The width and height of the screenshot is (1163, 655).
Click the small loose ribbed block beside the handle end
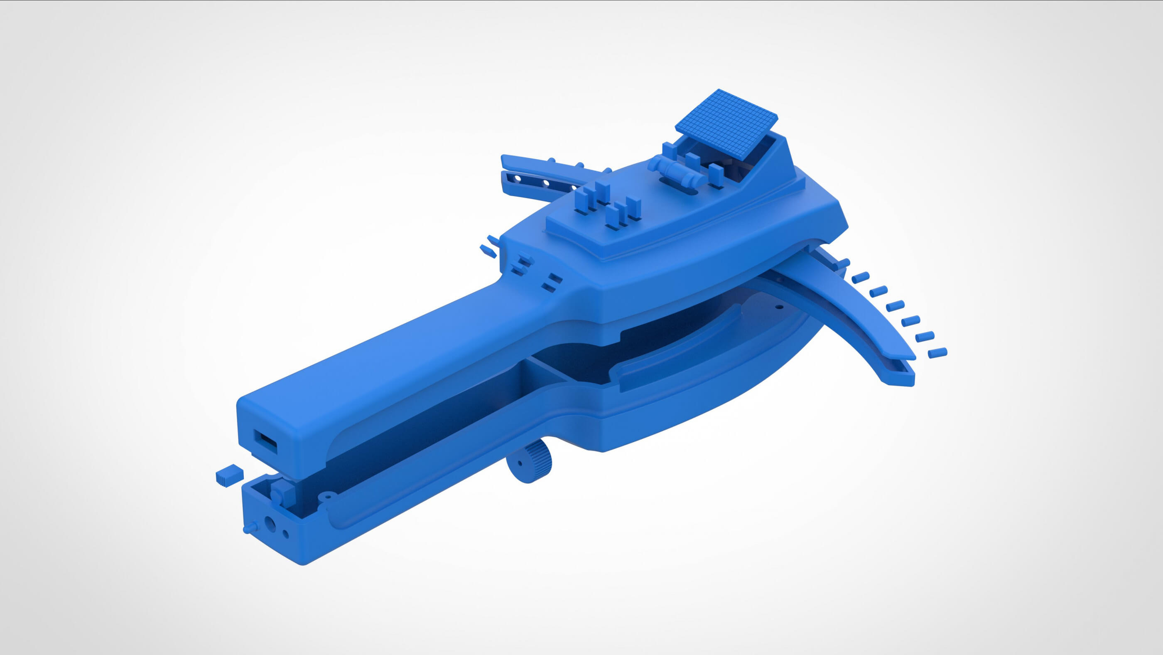[x=230, y=475]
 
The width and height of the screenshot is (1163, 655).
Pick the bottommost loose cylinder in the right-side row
[x=937, y=353]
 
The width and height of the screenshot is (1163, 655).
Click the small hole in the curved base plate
[x=778, y=307]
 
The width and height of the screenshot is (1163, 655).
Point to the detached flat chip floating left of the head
[x=488, y=251]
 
